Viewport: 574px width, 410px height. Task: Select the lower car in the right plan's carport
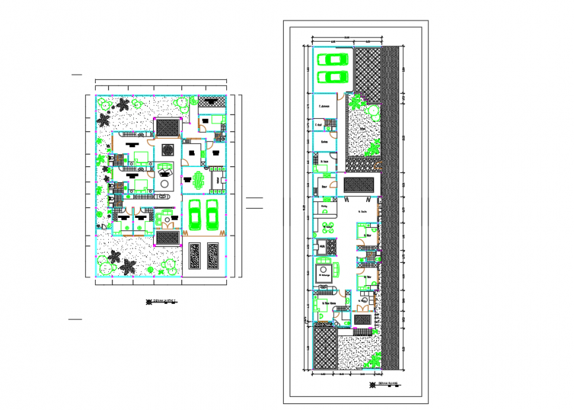click(333, 77)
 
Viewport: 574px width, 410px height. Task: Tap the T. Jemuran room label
click(324, 106)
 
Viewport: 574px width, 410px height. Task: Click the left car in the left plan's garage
click(194, 214)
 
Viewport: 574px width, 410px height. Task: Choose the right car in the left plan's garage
click(212, 214)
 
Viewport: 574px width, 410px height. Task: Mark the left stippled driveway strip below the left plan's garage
click(195, 256)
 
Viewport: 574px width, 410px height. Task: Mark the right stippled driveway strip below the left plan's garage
click(214, 256)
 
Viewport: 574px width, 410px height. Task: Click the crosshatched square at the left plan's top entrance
click(168, 127)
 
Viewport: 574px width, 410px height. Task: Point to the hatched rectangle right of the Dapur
click(359, 184)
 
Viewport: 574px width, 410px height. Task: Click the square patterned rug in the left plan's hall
click(168, 149)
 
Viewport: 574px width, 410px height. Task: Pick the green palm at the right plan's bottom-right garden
click(375, 360)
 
